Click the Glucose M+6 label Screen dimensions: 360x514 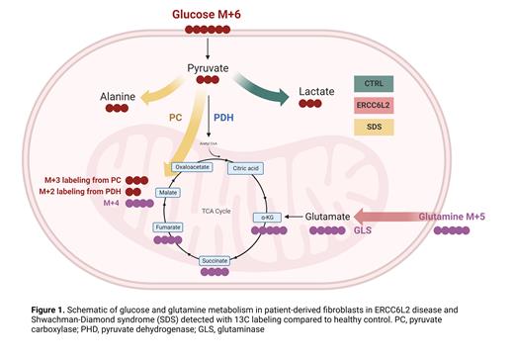[x=208, y=14]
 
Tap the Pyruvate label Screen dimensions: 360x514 [x=210, y=68]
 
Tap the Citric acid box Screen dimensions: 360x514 [x=275, y=168]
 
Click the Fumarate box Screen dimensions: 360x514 [x=168, y=227]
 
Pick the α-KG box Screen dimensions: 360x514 [x=268, y=217]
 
